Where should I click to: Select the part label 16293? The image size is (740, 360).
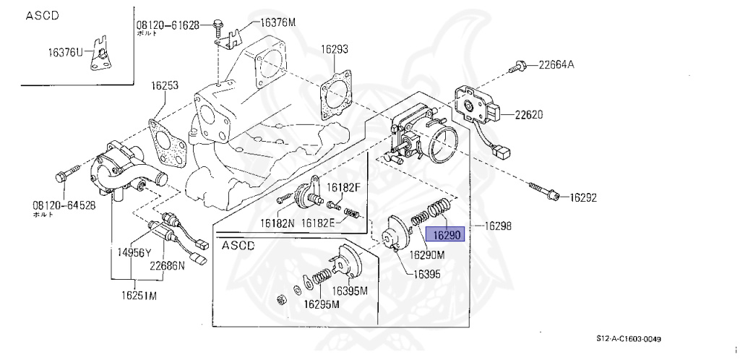(335, 50)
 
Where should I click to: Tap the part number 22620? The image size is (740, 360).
(528, 114)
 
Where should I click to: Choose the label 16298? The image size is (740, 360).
(498, 226)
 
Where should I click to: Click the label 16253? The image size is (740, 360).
(164, 85)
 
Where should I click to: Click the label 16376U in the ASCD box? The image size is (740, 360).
(66, 52)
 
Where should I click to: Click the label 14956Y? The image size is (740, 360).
(129, 252)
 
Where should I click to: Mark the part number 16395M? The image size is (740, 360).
(350, 291)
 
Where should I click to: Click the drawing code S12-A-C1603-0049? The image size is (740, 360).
(629, 339)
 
